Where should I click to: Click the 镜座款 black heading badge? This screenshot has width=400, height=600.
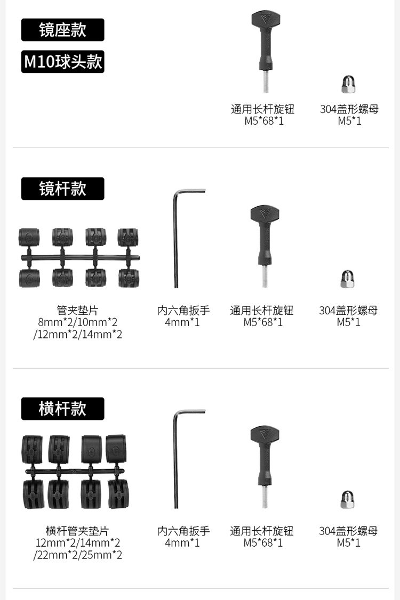click(62, 30)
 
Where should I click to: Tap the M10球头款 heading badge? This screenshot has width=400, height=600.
click(62, 62)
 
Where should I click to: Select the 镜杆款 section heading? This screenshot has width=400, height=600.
click(62, 189)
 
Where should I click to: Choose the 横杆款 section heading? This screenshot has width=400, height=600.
click(62, 409)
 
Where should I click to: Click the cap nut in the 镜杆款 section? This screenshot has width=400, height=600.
click(348, 279)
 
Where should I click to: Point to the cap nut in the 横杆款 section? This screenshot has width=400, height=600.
click(348, 499)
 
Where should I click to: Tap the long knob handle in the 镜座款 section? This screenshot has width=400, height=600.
click(265, 40)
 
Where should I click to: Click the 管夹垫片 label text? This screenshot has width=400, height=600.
click(78, 310)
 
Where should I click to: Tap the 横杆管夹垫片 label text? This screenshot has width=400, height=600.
click(78, 531)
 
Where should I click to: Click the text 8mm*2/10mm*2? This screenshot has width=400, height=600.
click(78, 322)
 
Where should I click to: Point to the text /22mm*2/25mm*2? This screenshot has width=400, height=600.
click(78, 555)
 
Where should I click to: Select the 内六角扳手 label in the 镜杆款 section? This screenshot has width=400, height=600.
click(183, 310)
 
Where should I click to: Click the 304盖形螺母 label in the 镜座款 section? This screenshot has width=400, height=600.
click(349, 109)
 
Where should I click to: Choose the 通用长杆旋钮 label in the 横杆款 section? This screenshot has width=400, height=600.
click(261, 531)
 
